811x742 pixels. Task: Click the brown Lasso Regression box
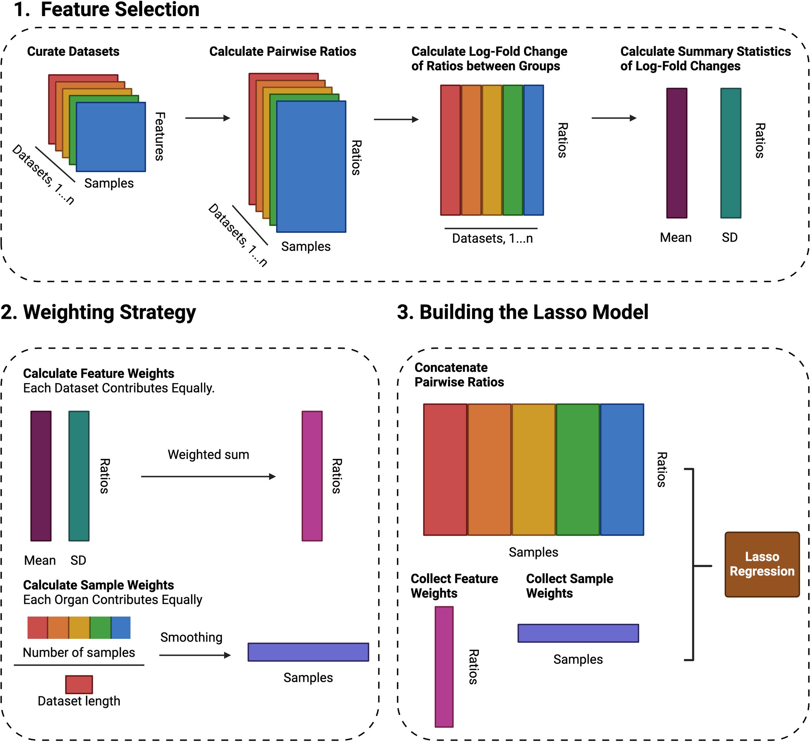pos(762,564)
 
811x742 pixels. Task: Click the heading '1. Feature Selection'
pos(107,10)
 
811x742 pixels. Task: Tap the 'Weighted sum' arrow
pos(208,476)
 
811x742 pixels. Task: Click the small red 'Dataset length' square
pos(79,684)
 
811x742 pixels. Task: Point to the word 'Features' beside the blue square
pos(159,137)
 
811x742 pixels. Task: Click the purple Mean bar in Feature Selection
pos(676,153)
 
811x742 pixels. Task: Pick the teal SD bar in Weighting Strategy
pos(79,476)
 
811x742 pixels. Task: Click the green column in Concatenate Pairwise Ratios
pos(578,469)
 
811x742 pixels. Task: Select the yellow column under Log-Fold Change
pos(492,150)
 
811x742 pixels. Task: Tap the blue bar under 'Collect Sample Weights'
pos(578,633)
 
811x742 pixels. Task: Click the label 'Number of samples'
pos(79,652)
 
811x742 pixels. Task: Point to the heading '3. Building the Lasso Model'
pos(522,312)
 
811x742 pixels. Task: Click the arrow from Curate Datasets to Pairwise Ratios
pos(207,118)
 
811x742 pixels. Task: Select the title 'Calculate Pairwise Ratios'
pos(282,52)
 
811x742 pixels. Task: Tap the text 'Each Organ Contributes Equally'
pos(113,599)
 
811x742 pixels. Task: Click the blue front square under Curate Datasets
pos(111,137)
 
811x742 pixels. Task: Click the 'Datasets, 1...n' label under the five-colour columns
pos(492,238)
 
